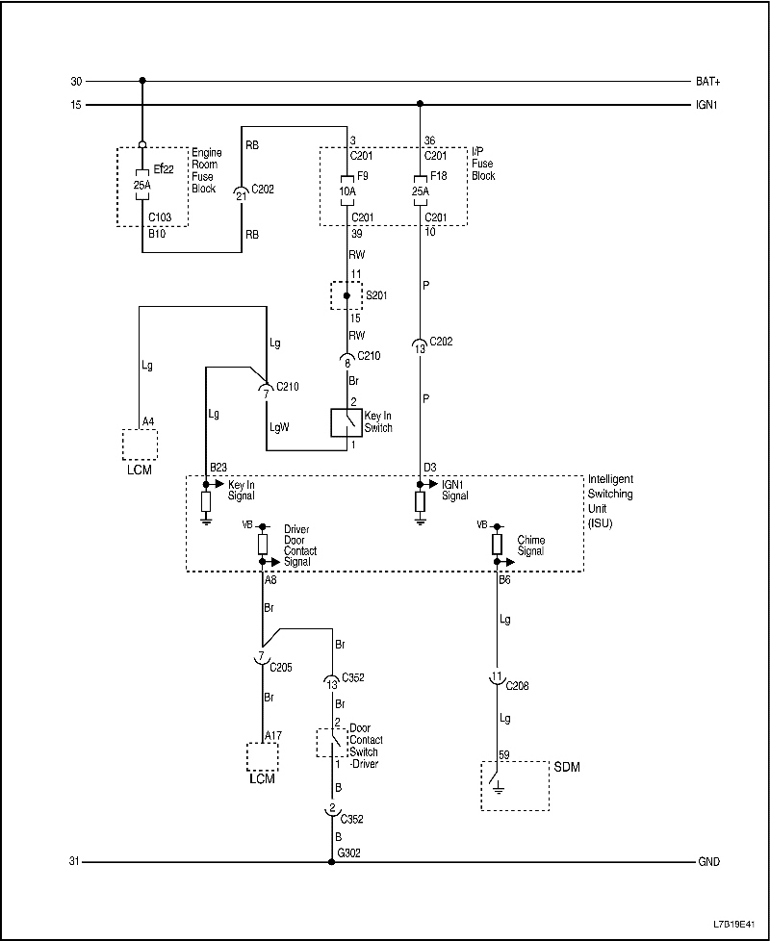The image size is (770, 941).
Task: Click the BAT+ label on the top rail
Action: click(707, 82)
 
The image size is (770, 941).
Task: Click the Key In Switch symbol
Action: click(346, 422)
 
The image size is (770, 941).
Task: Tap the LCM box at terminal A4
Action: click(140, 445)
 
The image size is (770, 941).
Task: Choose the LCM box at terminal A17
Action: click(262, 755)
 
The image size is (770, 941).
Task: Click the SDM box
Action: click(515, 785)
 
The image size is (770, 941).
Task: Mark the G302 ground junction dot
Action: click(332, 862)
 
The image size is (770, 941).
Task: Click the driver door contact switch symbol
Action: click(333, 742)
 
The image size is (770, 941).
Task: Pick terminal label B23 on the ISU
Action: click(218, 469)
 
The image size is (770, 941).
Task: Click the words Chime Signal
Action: click(531, 546)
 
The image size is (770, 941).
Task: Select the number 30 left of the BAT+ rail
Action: click(77, 82)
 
